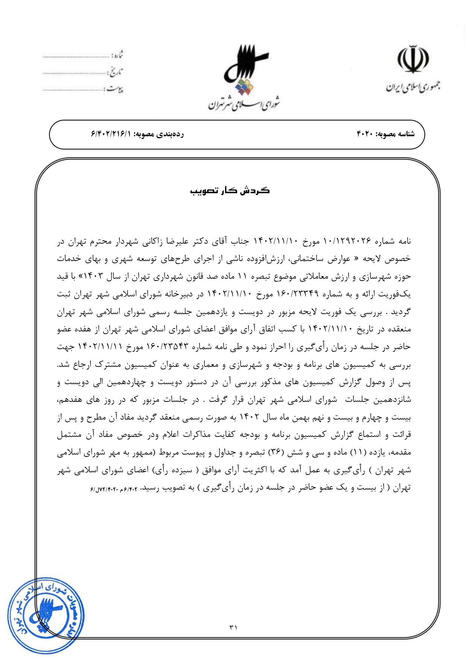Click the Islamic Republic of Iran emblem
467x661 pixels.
pos(413,60)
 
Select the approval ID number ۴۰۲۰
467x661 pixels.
pos(365,134)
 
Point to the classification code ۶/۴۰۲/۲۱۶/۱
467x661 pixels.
pos(110,134)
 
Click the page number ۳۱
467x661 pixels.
pos(233,627)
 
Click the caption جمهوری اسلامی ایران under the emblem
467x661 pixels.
pos(413,87)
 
